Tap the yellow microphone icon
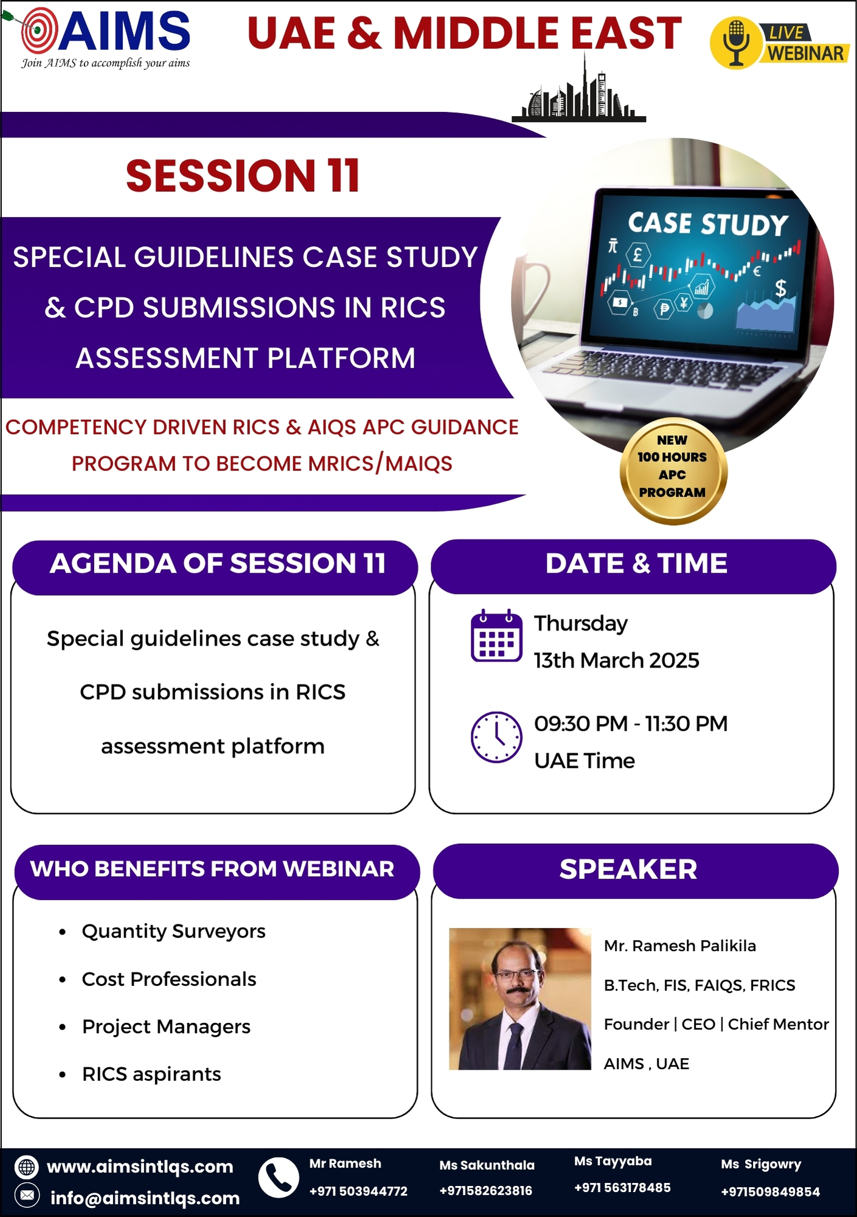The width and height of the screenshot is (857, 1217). tap(735, 43)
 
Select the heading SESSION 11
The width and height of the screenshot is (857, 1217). tap(243, 176)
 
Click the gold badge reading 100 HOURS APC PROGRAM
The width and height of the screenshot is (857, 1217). tap(672, 470)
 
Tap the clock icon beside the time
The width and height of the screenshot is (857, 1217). tap(496, 737)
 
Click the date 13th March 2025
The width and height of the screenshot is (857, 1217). tap(617, 660)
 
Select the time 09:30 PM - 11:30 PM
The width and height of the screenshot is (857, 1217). tap(631, 724)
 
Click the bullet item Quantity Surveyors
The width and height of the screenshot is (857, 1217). tap(173, 931)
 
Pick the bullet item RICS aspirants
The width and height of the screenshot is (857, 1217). tap(151, 1074)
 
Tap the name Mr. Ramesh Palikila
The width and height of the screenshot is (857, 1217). tap(680, 946)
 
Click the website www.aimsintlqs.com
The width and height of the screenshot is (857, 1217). tap(140, 1166)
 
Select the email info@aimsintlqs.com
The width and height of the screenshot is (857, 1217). tap(145, 1198)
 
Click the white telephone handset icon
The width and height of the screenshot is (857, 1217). tap(279, 1177)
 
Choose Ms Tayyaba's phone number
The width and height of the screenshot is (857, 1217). tap(622, 1187)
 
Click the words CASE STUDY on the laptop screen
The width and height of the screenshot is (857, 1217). tap(709, 224)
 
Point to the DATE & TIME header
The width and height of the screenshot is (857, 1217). tap(636, 563)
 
